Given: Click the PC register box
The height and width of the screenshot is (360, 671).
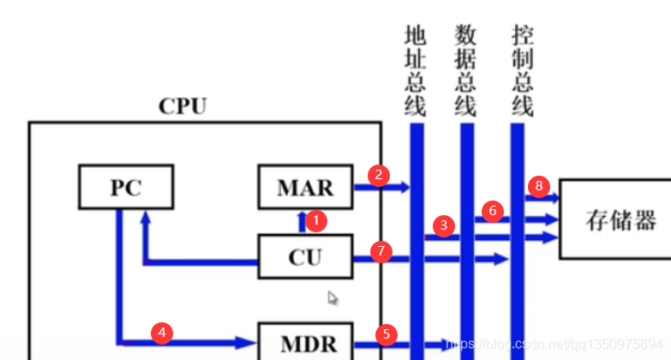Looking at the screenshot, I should pyautogui.click(x=125, y=187).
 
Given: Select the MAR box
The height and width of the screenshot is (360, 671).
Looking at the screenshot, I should pyautogui.click(x=305, y=187).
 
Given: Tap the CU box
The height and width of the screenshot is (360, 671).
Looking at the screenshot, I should pyautogui.click(x=305, y=255).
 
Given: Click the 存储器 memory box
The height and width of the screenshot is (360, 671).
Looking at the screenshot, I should pyautogui.click(x=614, y=219).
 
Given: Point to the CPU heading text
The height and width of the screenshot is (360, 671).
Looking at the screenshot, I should pyautogui.click(x=182, y=106).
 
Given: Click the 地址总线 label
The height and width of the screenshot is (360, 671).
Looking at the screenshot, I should pyautogui.click(x=416, y=70).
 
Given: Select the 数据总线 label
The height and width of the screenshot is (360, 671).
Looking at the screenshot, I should pyautogui.click(x=466, y=70).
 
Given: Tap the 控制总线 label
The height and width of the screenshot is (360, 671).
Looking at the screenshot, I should pyautogui.click(x=521, y=70).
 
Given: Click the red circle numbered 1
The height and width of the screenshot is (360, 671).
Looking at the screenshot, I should pyautogui.click(x=316, y=220).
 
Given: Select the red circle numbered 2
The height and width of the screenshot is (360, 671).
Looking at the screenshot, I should pyautogui.click(x=378, y=175).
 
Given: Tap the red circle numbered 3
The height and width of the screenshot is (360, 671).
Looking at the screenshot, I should pyautogui.click(x=443, y=225).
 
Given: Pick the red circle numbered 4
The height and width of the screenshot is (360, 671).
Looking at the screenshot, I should pyautogui.click(x=160, y=332).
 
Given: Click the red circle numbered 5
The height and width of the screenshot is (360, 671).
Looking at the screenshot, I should pyautogui.click(x=386, y=333).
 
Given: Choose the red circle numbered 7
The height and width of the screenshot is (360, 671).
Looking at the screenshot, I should pyautogui.click(x=382, y=251).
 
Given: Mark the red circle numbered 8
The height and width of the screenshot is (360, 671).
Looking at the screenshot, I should pyautogui.click(x=538, y=186).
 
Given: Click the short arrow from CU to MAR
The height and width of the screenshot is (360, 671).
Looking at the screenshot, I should pyautogui.click(x=302, y=222).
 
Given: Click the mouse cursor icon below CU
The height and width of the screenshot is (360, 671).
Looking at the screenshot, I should pyautogui.click(x=333, y=298).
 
